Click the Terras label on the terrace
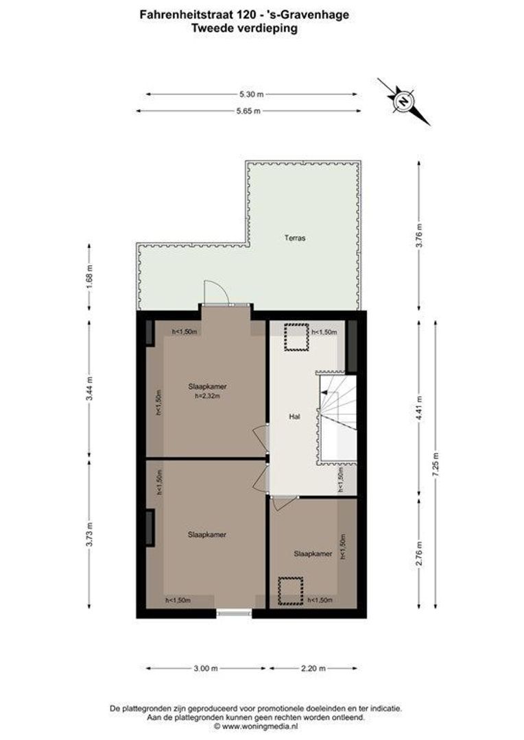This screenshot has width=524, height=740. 295,238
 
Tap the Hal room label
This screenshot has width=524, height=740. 294,417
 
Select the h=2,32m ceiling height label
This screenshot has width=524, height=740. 207,397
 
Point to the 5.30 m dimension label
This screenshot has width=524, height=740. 251,95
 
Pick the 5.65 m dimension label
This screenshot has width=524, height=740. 248,112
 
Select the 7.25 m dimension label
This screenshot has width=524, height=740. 435,465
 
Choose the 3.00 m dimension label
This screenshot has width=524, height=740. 206,668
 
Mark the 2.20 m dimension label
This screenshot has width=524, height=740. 313,668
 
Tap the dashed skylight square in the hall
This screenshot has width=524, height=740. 296,337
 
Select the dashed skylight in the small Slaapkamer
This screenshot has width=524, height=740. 290,591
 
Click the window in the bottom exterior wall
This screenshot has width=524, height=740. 235,613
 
